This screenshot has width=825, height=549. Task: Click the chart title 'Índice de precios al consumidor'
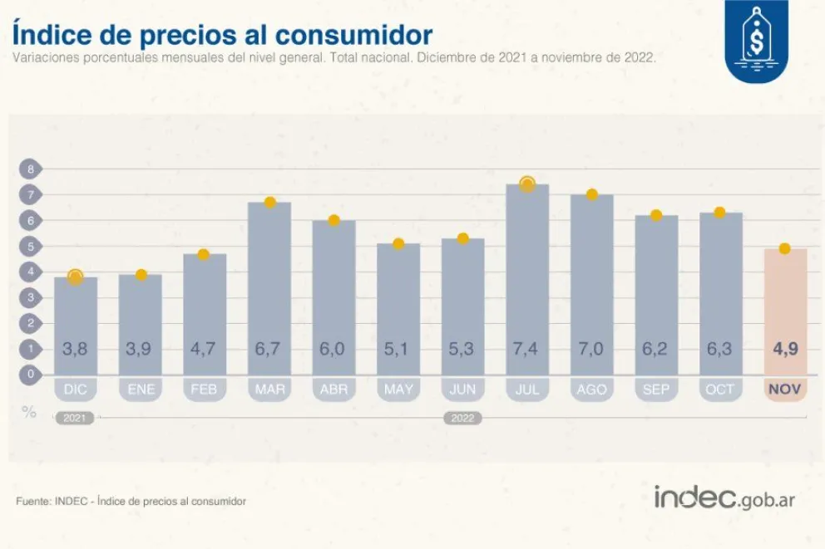223,34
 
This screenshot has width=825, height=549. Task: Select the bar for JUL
527,274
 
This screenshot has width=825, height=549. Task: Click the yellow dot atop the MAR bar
269,202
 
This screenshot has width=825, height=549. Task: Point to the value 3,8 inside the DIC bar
75,349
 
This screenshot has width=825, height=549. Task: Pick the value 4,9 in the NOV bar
785,349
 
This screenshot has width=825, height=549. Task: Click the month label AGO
591,389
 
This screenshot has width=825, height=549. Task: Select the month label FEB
205,389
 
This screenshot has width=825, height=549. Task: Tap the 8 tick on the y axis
30,169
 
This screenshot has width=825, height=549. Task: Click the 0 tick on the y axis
30,374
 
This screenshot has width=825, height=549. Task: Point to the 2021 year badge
74,418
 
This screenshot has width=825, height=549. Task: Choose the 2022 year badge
462,418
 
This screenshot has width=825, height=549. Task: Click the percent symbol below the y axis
30,411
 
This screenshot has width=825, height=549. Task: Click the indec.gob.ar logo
724,498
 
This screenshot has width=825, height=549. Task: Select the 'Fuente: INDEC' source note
131,502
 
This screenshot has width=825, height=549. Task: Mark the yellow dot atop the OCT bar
720,213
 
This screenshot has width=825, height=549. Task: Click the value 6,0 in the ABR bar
333,349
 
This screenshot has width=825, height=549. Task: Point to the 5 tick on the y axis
30,246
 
